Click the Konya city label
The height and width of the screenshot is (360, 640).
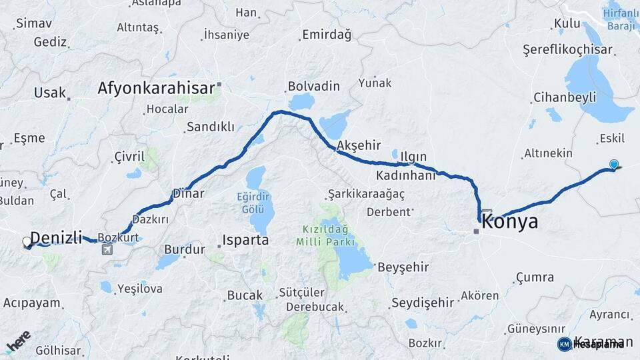(x=509, y=222)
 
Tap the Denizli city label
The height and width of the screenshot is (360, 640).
(x=56, y=237)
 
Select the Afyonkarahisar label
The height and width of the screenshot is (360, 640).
(x=156, y=87)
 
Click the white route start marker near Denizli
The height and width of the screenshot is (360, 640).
(x=27, y=242)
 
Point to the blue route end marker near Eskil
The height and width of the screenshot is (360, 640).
(x=614, y=164)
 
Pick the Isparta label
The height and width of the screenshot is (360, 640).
(x=245, y=240)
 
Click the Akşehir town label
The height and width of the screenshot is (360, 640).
(x=359, y=145)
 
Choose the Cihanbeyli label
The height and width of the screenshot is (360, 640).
(x=564, y=97)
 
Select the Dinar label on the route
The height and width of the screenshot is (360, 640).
(x=188, y=193)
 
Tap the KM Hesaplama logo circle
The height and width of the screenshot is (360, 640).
(x=565, y=344)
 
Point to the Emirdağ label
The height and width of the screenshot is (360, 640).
(x=326, y=35)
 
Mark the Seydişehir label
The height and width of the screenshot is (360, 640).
(x=422, y=302)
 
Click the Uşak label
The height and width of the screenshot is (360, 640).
(x=50, y=92)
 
